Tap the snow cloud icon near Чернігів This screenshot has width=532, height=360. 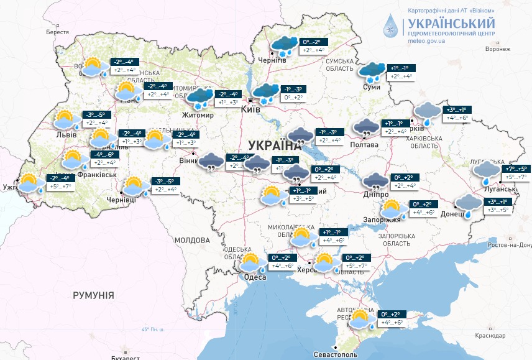(285, 46)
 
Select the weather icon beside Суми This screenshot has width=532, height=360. (374, 73)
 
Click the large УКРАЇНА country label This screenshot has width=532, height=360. (274, 145)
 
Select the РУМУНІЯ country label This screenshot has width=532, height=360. (93, 295)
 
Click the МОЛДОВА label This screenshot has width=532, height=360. (192, 240)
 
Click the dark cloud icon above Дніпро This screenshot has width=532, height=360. (376, 182)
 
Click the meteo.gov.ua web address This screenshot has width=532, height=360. (426, 41)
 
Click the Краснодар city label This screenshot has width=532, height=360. (490, 335)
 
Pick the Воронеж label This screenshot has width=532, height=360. (497, 48)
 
